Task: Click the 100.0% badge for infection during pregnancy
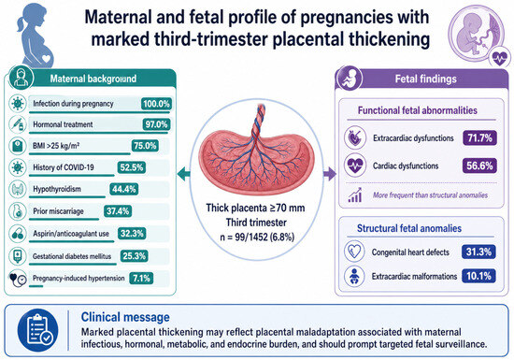click(156, 104)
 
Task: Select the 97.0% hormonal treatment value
click(156, 124)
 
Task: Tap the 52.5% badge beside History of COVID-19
click(132, 167)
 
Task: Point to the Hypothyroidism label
click(57, 189)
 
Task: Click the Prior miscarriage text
click(58, 211)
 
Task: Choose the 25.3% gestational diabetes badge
click(134, 256)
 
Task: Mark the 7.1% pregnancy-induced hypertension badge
click(141, 279)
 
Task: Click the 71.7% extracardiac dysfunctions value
click(479, 138)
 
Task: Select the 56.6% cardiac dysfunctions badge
click(479, 166)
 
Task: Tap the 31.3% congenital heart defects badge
click(478, 252)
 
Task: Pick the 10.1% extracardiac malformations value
click(478, 276)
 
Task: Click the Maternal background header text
click(93, 79)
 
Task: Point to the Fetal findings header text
click(425, 79)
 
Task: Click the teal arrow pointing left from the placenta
click(183, 174)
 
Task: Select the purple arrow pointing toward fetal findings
click(330, 174)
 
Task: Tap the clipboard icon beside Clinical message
click(38, 330)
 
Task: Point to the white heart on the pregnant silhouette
click(46, 59)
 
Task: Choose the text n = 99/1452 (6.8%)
click(257, 237)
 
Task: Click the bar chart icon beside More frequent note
click(355, 195)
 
